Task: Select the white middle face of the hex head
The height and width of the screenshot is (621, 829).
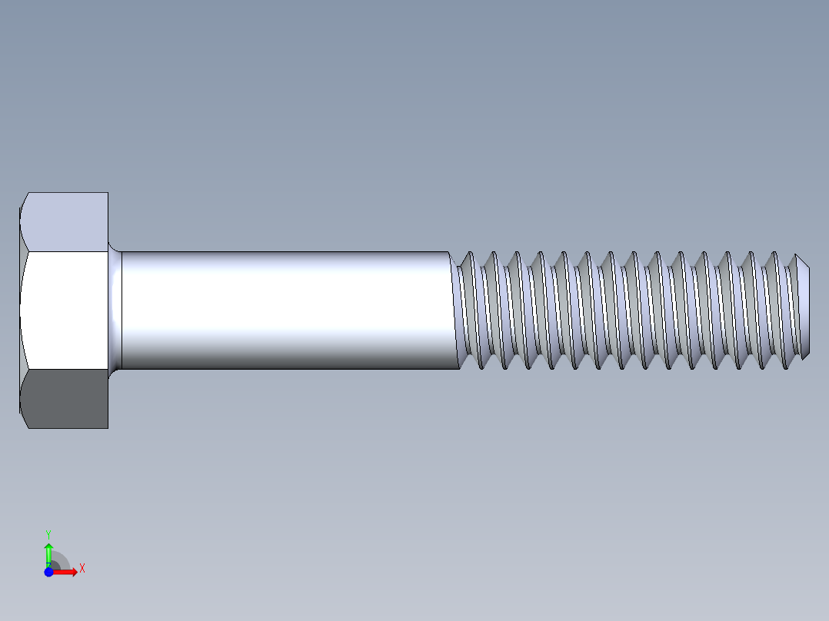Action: coord(65,310)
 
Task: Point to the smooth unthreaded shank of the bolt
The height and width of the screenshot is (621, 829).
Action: coord(285,310)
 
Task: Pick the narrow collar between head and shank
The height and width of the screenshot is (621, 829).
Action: coord(115,310)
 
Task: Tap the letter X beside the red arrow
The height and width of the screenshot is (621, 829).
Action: coord(82,568)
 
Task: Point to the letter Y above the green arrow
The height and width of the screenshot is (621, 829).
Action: coord(48,533)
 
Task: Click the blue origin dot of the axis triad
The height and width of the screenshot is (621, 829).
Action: coord(48,572)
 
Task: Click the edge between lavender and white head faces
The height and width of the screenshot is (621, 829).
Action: coord(66,251)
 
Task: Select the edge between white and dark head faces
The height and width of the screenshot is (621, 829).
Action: coord(66,370)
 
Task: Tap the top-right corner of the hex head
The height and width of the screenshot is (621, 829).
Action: coord(108,193)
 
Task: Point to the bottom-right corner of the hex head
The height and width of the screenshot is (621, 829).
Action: coord(108,428)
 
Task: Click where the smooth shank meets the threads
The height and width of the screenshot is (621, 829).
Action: coord(454,310)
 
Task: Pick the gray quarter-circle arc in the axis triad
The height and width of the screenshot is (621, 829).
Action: coord(63,560)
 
